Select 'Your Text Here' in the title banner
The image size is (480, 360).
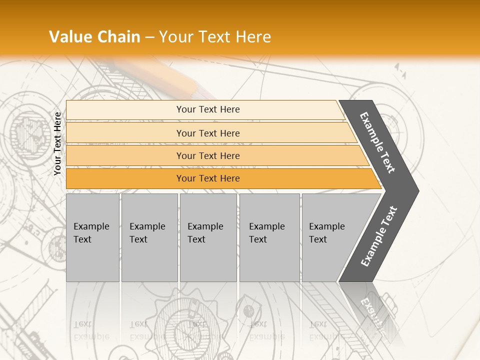[x=214, y=37]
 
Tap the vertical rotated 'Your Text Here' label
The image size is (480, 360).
[x=57, y=144]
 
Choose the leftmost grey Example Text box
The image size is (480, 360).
[x=92, y=237]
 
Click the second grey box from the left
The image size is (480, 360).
[x=149, y=237]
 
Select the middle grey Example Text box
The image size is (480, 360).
[x=208, y=237]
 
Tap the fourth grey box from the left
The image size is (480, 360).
[x=269, y=237]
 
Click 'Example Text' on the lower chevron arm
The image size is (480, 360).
[x=379, y=236]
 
